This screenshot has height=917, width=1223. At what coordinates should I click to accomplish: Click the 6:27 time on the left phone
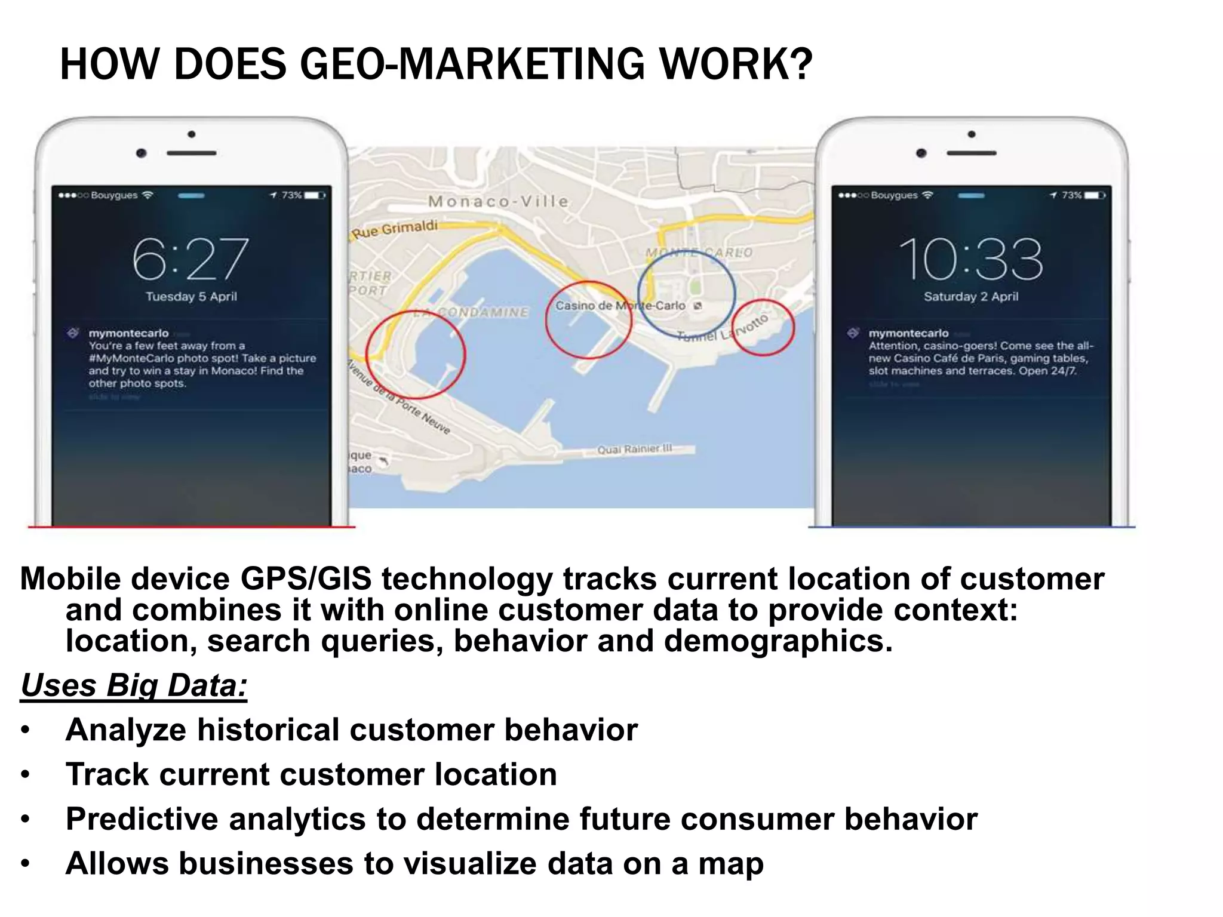pyautogui.click(x=190, y=259)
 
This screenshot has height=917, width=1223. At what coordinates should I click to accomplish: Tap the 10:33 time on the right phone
pyautogui.click(x=971, y=259)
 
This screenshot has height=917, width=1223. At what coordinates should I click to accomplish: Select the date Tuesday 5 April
pyautogui.click(x=191, y=297)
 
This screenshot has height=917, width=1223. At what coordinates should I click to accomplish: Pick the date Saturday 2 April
pyautogui.click(x=971, y=297)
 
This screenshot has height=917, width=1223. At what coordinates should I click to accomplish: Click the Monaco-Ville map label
pyautogui.click(x=499, y=202)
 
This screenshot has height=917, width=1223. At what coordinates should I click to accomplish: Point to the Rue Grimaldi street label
pyautogui.click(x=395, y=229)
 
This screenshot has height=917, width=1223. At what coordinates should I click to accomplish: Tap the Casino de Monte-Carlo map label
pyautogui.click(x=620, y=306)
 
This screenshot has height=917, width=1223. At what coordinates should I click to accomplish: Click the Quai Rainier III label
pyautogui.click(x=635, y=449)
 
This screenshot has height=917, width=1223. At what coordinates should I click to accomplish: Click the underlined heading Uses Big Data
pyautogui.click(x=134, y=685)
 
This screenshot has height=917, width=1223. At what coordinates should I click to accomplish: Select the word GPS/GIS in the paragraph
pyautogui.click(x=306, y=579)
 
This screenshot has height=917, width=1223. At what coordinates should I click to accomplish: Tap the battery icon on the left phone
pyautogui.click(x=315, y=195)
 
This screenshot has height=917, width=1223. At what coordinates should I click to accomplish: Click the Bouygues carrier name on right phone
pyautogui.click(x=894, y=195)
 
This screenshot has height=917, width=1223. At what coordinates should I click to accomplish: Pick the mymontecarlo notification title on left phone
pyautogui.click(x=128, y=333)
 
